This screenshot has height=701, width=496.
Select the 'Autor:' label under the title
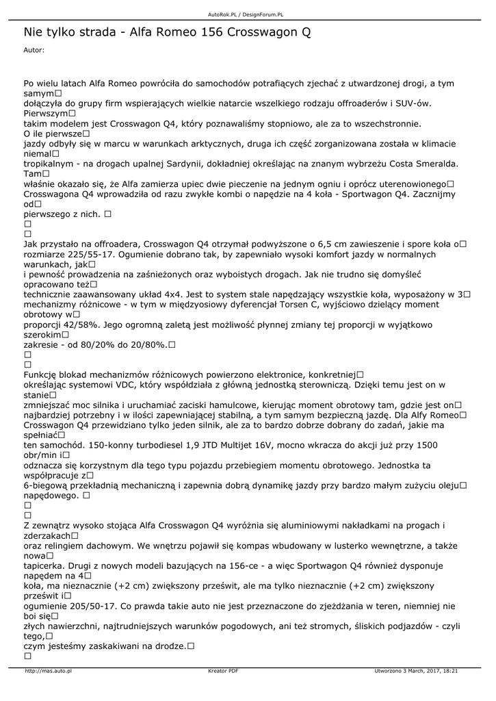click(34, 50)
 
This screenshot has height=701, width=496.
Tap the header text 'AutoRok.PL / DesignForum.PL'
click(246, 14)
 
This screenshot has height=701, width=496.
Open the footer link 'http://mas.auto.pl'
click(49, 671)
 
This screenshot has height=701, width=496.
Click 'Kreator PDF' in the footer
click(223, 671)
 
